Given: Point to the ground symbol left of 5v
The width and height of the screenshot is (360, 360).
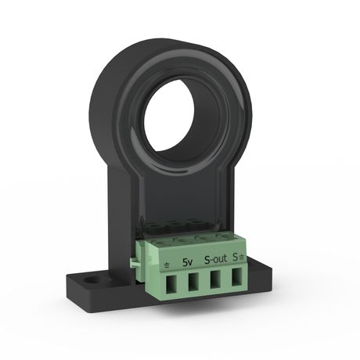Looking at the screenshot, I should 167,264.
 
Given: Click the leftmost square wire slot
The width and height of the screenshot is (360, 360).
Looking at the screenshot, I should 171,288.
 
